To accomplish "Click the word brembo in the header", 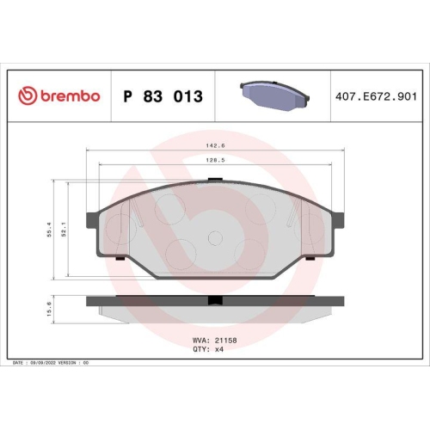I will click(x=67, y=96).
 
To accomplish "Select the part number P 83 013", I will click(x=163, y=96).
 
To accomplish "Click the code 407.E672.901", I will click(x=376, y=96).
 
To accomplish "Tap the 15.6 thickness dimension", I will click(x=50, y=307).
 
